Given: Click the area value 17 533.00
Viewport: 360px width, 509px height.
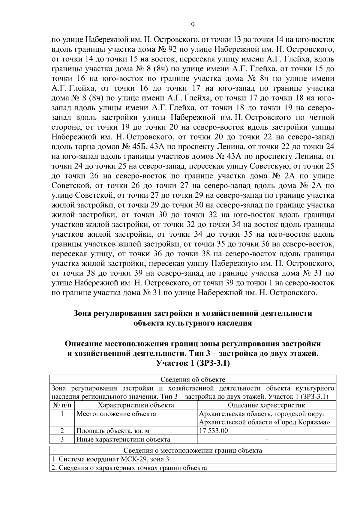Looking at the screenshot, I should click(214, 431).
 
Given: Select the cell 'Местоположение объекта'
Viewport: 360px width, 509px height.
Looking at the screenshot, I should click(116, 414).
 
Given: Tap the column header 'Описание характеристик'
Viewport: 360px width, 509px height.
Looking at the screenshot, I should click(266, 405).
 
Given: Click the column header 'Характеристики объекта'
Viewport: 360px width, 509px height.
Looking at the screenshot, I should click(136, 405).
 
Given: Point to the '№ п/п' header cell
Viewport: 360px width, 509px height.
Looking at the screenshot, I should click(62, 405).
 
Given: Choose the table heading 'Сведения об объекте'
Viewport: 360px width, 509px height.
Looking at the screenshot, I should click(193, 379).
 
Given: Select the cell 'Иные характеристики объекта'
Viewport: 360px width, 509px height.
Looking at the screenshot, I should click(123, 440).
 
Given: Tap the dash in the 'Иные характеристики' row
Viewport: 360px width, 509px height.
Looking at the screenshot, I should click(266, 440).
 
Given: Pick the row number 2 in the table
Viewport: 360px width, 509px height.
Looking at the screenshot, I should click(62, 431).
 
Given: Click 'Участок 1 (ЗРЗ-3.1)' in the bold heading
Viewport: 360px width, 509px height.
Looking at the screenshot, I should click(193, 363).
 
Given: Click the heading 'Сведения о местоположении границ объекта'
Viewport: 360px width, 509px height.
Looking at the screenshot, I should click(193, 451).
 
